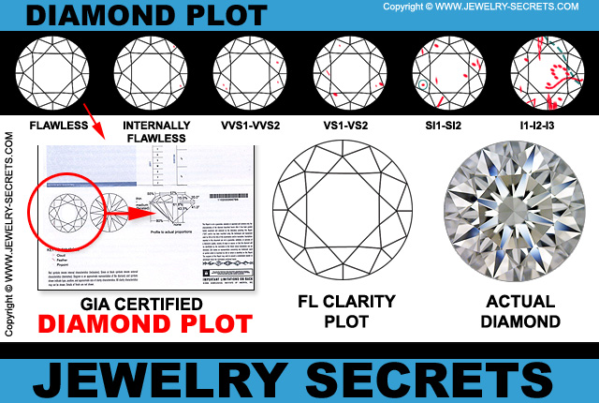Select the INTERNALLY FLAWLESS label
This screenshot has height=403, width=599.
150,130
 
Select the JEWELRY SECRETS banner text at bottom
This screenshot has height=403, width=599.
299,376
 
